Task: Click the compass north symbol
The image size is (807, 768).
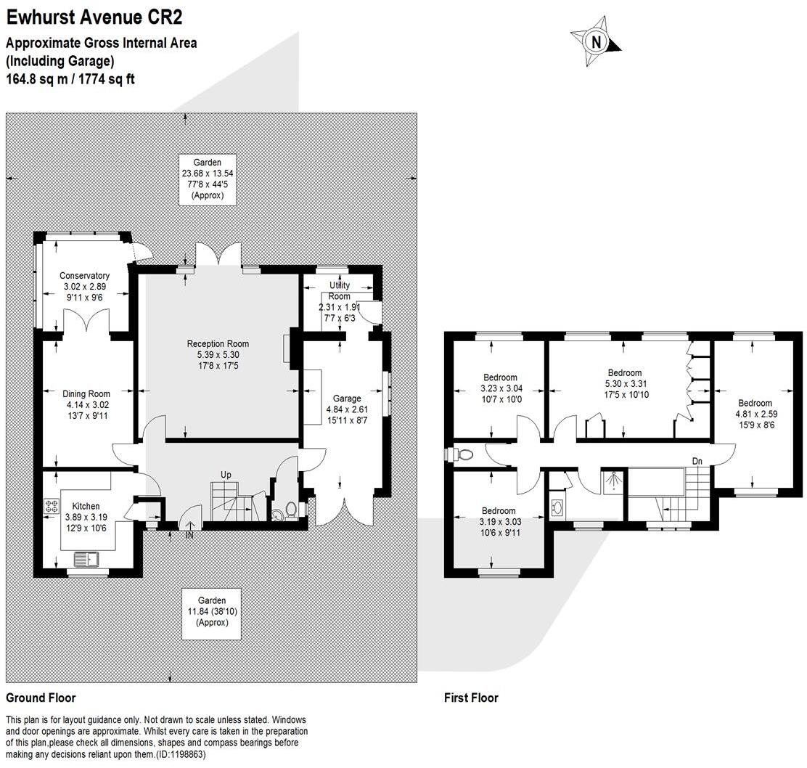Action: point(597,42)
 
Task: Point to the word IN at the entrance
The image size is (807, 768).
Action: point(189,535)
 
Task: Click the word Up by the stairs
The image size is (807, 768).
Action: point(226,475)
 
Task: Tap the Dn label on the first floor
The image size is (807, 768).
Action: point(697,461)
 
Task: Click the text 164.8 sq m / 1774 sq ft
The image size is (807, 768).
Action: point(70,78)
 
